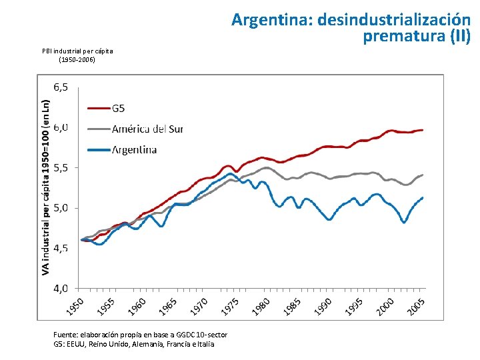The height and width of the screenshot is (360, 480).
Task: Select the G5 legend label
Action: tap(118, 108)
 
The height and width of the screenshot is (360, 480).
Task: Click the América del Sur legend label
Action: tap(147, 129)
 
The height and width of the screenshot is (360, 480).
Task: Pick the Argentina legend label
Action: tap(134, 149)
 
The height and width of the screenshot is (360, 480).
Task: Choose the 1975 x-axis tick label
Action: tap(231, 306)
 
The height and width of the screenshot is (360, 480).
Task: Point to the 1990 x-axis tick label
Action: tap(324, 306)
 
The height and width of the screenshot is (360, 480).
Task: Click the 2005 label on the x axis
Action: tap(417, 306)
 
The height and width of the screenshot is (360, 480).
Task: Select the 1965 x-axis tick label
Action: tap(168, 306)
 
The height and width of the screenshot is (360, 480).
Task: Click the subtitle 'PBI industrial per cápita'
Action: tap(77, 51)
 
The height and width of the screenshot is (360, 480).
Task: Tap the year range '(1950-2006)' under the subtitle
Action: tap(77, 60)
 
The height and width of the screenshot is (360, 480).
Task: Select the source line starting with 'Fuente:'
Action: tap(140, 334)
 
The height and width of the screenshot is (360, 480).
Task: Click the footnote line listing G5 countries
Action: tap(133, 343)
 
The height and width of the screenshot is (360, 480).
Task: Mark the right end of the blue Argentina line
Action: tap(423, 197)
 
